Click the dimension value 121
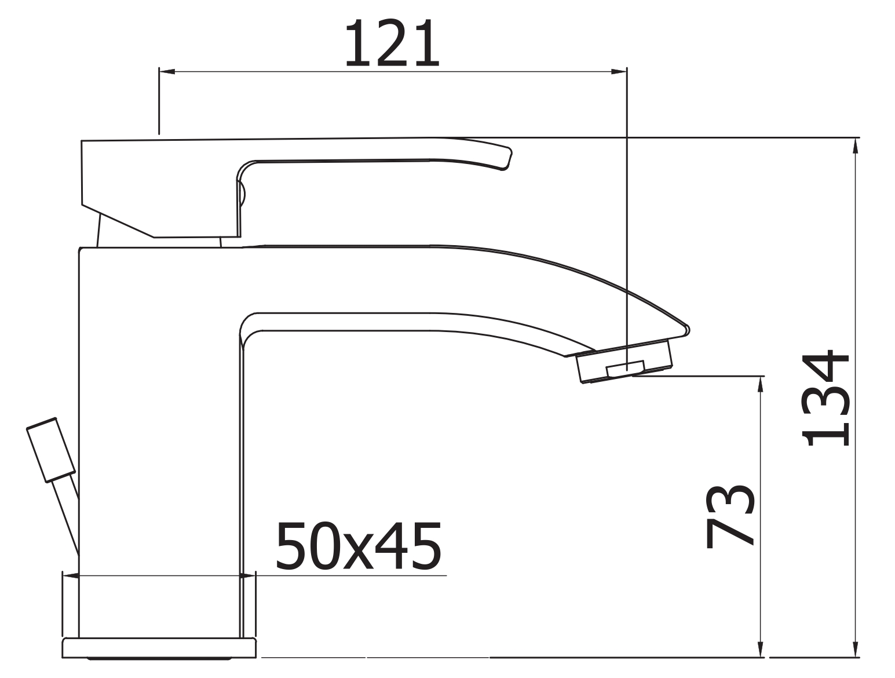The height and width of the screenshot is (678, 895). [x=392, y=43]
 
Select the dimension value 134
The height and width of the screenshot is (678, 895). [x=825, y=398]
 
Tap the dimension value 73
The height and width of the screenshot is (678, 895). [x=730, y=516]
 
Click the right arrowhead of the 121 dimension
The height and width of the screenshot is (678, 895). [x=619, y=72]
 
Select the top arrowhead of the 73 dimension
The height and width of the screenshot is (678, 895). [x=761, y=384]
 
